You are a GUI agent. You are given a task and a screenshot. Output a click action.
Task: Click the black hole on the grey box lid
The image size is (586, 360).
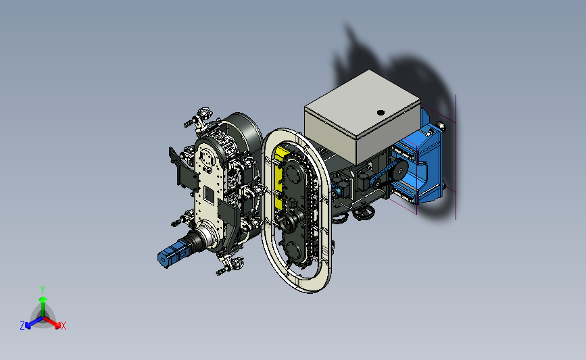381,112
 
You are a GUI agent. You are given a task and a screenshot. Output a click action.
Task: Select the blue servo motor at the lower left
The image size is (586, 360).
172,253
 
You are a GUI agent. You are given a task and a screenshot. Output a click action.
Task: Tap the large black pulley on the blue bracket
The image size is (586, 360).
400,170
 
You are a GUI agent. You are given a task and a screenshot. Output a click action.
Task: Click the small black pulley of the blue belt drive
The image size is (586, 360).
377,183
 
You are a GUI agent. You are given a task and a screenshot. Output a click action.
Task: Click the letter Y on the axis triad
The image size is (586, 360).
42,290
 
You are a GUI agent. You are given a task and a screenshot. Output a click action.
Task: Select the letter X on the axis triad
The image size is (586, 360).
63,326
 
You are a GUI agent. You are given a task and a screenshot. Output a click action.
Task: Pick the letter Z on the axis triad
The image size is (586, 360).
22,326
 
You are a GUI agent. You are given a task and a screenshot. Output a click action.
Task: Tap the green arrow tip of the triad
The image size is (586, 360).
43,299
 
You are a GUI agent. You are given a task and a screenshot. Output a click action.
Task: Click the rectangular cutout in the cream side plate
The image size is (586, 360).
209,195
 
